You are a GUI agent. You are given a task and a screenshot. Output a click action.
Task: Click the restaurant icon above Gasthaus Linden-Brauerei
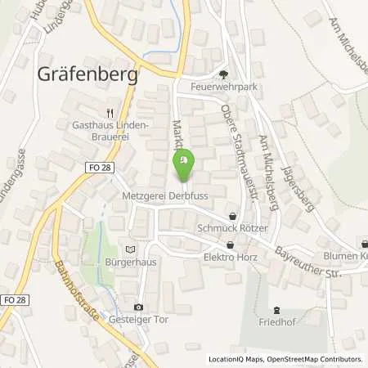point(110,114)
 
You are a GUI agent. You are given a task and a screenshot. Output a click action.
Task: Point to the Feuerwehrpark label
point(223,84)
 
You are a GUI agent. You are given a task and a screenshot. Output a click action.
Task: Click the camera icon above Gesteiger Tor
point(138,307)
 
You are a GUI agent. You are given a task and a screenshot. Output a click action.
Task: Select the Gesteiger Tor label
point(139,320)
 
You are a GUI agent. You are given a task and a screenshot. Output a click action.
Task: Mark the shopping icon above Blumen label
point(361,243)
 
